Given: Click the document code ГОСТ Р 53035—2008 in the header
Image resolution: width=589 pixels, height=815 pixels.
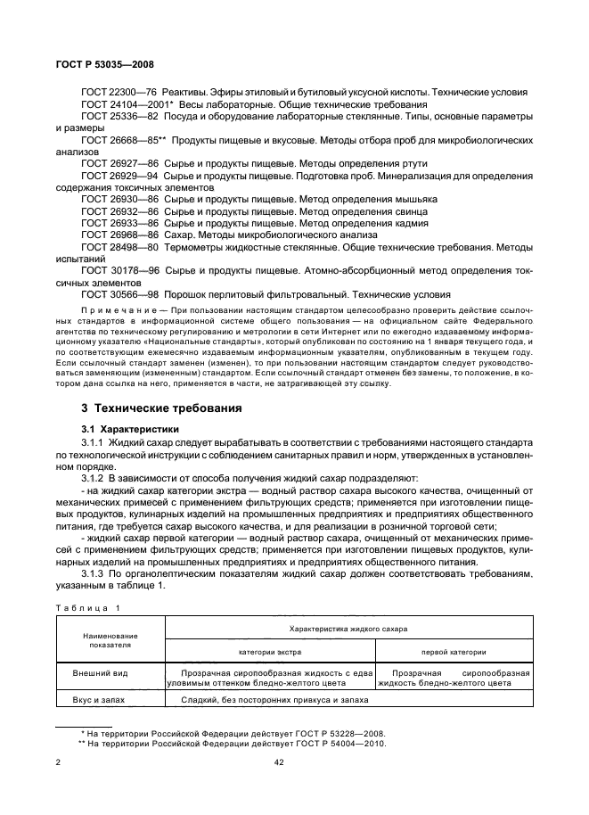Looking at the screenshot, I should coord(93,65).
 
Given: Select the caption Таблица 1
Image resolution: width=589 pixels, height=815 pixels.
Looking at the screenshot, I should coord(86,607).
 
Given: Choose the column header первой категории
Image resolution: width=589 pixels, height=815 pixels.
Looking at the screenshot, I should coord(454,652).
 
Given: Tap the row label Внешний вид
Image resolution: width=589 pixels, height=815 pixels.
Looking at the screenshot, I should coord(101,672).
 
